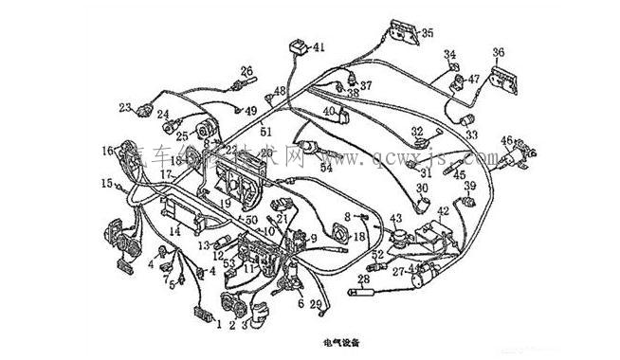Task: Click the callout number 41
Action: (319, 46)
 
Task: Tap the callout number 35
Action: (428, 33)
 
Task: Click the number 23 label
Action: (124, 107)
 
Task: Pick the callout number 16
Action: (107, 149)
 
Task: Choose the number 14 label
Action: (173, 230)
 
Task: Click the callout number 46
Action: (507, 140)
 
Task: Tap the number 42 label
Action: (443, 210)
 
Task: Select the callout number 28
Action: (363, 279)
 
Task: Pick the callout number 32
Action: (416, 131)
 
